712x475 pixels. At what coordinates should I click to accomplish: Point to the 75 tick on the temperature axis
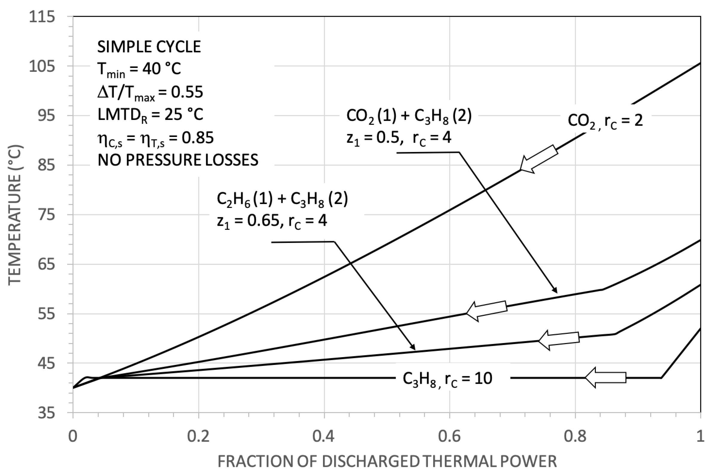[x=46, y=215]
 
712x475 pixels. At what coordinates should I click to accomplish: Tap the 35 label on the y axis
[x=46, y=413]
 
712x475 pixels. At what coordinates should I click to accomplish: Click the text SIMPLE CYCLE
[x=149, y=47]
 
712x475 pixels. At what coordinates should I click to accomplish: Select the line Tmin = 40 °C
[x=139, y=70]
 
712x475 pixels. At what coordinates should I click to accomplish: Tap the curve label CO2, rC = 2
[x=605, y=121]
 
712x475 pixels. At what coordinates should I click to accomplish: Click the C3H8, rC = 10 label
[x=447, y=379]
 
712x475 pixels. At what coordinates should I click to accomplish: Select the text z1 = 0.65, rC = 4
[x=272, y=221]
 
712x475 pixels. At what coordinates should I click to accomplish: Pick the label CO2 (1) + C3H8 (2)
[x=409, y=116]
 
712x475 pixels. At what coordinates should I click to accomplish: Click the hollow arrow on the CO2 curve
[x=539, y=159]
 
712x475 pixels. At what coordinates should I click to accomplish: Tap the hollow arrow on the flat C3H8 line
[x=605, y=377]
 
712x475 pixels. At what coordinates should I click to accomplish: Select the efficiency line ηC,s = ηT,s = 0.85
[x=156, y=138]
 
